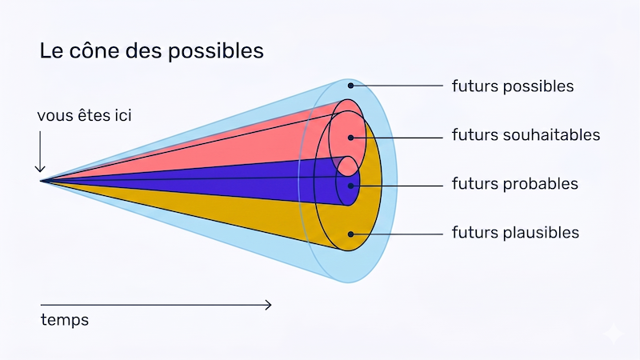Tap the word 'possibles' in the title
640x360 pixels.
[x=216, y=52]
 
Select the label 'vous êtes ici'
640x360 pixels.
[x=85, y=115]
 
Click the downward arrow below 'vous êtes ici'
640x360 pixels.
[x=40, y=151]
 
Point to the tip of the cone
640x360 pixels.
[x=41, y=181]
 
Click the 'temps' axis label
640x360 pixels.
[x=65, y=320]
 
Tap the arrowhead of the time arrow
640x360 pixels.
[x=268, y=305]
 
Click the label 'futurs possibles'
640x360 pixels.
[x=513, y=86]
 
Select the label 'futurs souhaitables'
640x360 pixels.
[x=526, y=135]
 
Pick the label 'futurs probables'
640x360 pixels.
[x=514, y=184]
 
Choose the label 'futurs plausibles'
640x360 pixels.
[x=515, y=233]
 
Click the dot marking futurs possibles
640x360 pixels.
[x=350, y=86]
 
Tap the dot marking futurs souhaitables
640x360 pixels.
[x=350, y=138]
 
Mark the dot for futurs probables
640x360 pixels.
[x=350, y=186]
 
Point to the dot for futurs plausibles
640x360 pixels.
[x=350, y=234]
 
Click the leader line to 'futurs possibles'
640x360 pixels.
[x=397, y=86]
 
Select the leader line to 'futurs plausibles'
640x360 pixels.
[x=397, y=234]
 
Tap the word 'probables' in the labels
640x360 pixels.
[x=541, y=184]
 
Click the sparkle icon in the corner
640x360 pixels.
[x=614, y=334]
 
